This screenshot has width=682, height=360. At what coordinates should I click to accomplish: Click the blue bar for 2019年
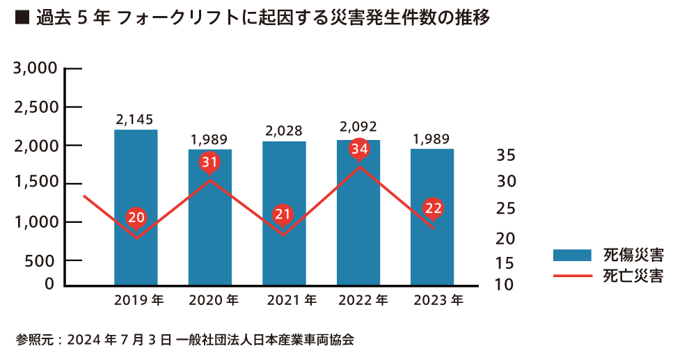136,181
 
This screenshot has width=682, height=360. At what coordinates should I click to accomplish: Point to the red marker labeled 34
359,149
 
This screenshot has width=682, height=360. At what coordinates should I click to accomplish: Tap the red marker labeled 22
433,208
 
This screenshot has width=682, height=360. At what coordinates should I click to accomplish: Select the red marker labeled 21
283,214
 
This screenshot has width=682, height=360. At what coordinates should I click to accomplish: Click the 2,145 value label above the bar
135,120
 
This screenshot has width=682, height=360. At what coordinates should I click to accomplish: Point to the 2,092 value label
358,127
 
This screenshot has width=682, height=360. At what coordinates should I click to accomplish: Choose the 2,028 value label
284,130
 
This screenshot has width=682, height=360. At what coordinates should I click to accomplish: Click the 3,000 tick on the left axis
34,69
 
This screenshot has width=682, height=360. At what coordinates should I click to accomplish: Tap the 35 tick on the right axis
507,155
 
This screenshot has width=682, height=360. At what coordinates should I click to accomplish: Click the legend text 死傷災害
633,254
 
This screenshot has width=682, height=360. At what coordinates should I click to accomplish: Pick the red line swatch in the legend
572,276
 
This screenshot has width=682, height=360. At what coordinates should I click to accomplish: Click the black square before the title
22,19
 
